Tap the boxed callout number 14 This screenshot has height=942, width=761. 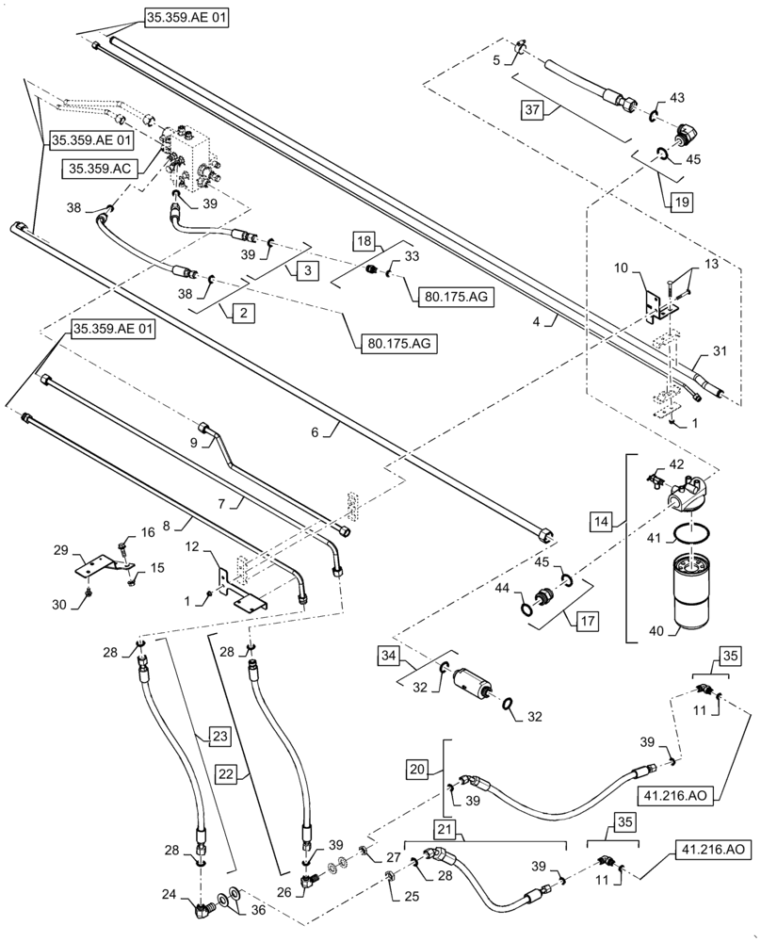pyautogui.click(x=604, y=520)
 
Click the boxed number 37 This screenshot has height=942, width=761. pyautogui.click(x=533, y=110)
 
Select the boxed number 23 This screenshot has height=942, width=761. pyautogui.click(x=219, y=735)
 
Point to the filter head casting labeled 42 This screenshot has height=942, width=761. pyautogui.click(x=681, y=490)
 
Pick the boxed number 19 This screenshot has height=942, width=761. pyautogui.click(x=681, y=200)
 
